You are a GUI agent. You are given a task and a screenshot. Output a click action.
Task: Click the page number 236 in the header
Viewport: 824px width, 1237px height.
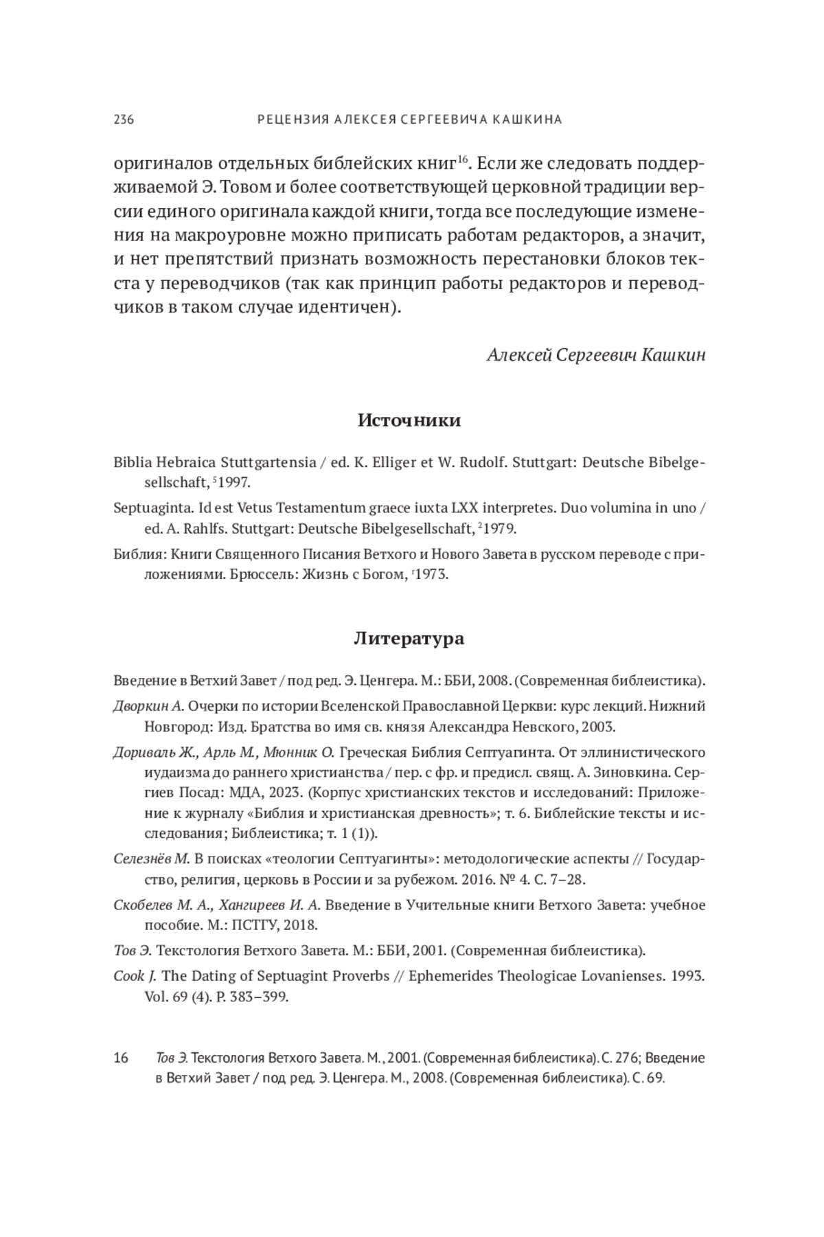[x=124, y=120]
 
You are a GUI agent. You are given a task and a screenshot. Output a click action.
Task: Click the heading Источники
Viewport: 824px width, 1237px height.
[x=409, y=420]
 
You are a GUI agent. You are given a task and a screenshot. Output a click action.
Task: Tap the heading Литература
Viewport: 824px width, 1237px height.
[x=409, y=639]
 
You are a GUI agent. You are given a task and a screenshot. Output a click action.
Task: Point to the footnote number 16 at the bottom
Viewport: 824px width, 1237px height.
[x=121, y=1058]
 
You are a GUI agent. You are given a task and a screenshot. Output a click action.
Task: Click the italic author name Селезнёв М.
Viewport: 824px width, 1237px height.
[x=151, y=859]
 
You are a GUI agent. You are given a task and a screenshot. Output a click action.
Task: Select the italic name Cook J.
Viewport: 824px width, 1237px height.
[x=135, y=976]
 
